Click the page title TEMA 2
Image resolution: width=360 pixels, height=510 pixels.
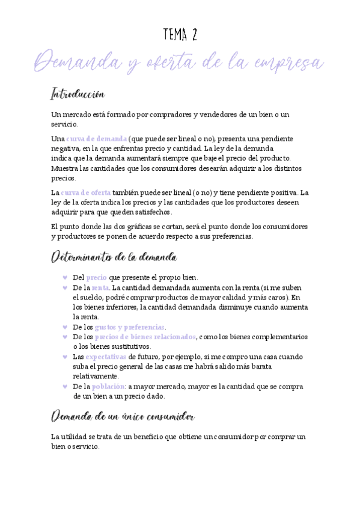coord(180,35)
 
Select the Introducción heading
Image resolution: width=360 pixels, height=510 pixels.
coord(78,95)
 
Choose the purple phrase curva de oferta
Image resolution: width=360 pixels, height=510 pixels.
coord(85,193)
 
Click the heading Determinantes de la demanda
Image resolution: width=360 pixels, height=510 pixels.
coord(114,257)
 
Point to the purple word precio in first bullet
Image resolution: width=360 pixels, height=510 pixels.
coord(96,278)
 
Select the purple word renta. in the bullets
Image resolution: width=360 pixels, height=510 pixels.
coord(101,288)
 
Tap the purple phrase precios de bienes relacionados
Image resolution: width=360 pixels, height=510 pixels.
coord(145,337)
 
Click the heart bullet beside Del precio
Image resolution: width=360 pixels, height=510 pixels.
coord(64,278)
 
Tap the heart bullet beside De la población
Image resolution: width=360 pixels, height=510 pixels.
coord(64,386)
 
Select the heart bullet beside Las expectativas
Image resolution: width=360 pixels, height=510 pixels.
coord(64,357)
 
